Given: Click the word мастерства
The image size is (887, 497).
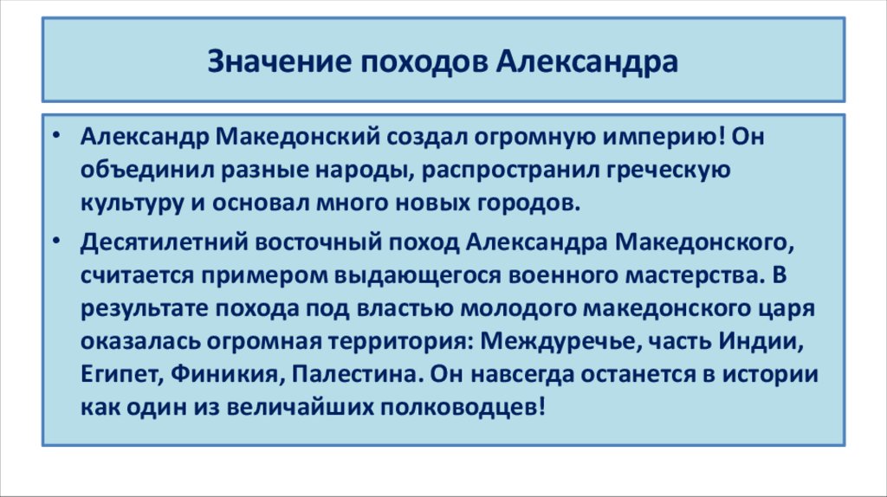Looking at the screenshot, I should [684, 275].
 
